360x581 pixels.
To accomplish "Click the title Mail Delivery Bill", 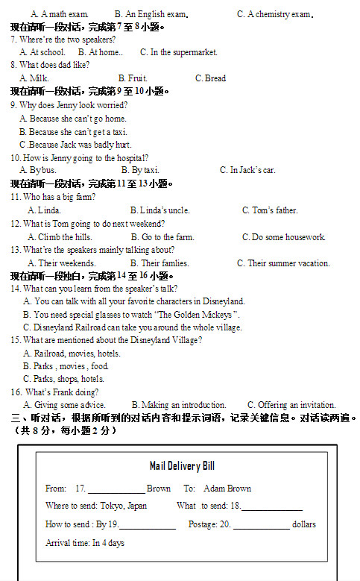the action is click(x=182, y=466).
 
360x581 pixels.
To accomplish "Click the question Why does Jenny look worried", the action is click(x=69, y=105).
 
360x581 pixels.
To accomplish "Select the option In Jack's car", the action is click(x=247, y=170).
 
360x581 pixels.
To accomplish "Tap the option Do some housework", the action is click(x=284, y=237).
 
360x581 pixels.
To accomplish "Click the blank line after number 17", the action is click(x=116, y=490).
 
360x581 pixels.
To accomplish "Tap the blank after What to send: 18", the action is click(x=272, y=506).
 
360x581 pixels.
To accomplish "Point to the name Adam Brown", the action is click(x=227, y=489).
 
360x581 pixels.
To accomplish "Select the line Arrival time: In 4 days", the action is click(x=85, y=543).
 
